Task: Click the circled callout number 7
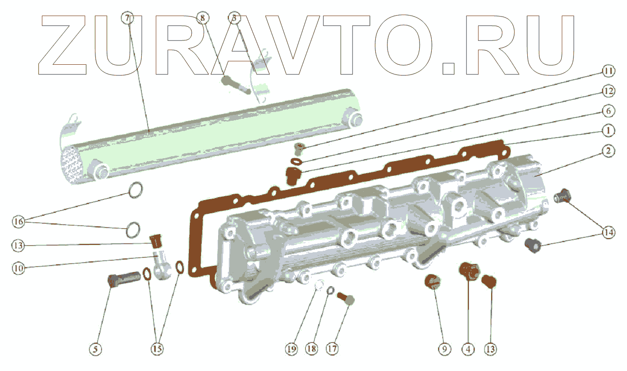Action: [127, 19]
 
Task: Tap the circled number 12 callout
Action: [607, 91]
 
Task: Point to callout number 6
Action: [607, 111]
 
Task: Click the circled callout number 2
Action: [607, 151]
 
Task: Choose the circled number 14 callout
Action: [607, 233]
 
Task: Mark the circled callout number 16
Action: [18, 222]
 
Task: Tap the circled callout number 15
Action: [157, 349]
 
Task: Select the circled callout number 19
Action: [291, 349]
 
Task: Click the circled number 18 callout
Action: [312, 349]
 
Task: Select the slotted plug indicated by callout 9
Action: [432, 282]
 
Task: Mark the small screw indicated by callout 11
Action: [300, 147]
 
